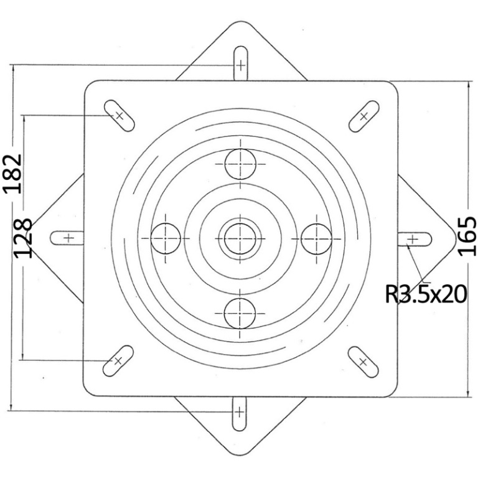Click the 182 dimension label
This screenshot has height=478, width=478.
[x=13, y=174]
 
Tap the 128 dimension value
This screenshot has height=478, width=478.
[x=23, y=238]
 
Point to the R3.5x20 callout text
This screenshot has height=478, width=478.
[x=426, y=294]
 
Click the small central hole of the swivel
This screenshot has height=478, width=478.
[x=240, y=239]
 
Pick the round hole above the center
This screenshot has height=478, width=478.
[x=240, y=164]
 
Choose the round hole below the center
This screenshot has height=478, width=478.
[x=240, y=314]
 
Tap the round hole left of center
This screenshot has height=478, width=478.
[x=166, y=238]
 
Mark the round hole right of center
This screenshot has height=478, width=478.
[x=316, y=239]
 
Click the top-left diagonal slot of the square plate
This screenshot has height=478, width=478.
[x=119, y=116]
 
